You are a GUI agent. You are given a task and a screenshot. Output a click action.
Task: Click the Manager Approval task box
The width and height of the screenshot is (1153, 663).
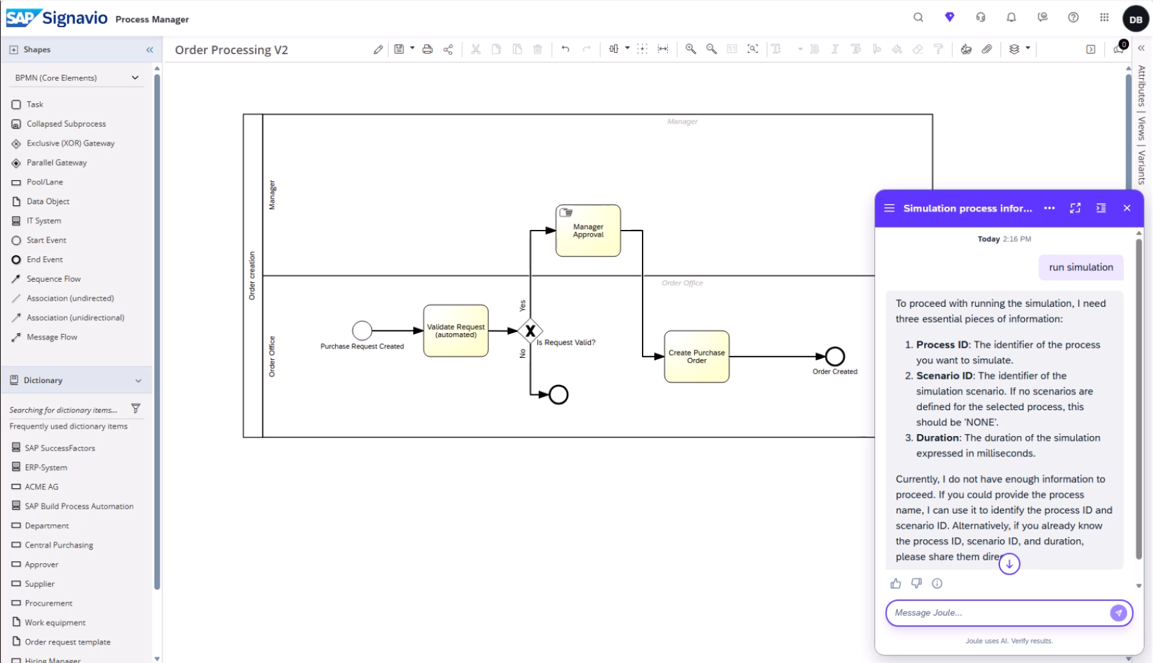pos(588,231)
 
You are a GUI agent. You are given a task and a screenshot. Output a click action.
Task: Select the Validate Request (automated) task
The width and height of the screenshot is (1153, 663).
pos(456,331)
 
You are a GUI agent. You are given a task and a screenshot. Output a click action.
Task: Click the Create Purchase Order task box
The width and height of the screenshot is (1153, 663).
pos(697,357)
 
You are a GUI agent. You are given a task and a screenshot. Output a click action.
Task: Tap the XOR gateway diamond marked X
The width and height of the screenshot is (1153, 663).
pos(530,330)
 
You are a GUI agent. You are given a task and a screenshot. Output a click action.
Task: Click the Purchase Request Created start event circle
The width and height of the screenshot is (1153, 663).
pos(362,330)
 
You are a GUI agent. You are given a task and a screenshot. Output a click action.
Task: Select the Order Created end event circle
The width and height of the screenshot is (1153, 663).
pos(835,357)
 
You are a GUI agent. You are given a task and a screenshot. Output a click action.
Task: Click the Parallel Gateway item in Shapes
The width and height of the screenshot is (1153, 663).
pos(56,163)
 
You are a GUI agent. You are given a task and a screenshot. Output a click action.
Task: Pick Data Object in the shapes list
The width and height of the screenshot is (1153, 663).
pos(48,201)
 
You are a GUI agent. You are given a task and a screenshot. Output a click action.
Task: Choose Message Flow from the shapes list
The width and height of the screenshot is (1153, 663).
pos(52,337)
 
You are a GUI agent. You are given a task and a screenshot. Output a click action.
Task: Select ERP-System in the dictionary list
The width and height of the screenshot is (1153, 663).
pos(46,467)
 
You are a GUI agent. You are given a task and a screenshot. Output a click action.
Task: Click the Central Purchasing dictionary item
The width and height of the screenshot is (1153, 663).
pos(59,545)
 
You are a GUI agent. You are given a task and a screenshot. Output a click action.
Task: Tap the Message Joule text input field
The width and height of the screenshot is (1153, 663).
pos(997,613)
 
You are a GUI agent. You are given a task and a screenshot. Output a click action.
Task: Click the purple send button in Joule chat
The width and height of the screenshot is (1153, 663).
pos(1118,613)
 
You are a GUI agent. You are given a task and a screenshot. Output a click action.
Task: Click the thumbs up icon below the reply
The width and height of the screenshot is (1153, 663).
pos(895,583)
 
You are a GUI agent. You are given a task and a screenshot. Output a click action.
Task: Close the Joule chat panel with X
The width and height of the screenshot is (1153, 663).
pos(1127,208)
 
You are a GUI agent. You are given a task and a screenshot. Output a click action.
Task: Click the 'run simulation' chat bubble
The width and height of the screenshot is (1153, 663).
pos(1081,267)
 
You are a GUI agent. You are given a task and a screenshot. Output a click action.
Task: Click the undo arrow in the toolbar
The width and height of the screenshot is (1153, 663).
pos(565,49)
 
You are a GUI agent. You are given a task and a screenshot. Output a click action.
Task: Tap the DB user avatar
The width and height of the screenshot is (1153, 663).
pos(1136,19)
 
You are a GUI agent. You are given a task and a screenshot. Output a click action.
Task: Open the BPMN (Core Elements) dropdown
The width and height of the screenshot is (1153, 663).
pos(77,77)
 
